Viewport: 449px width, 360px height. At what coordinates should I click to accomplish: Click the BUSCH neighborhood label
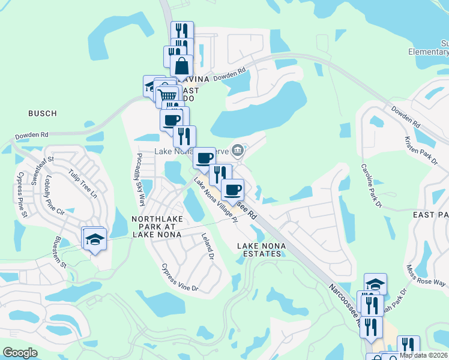pyautogui.click(x=42, y=113)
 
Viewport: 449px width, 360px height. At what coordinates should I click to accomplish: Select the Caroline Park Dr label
pyautogui.click(x=371, y=185)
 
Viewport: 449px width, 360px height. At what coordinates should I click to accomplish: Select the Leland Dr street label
pyautogui.click(x=208, y=247)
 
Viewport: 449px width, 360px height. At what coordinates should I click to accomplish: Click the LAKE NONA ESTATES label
pyautogui.click(x=259, y=250)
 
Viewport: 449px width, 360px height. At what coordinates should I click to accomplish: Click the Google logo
pyautogui.click(x=20, y=352)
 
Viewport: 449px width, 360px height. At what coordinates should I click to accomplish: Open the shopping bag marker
pyautogui.click(x=182, y=66)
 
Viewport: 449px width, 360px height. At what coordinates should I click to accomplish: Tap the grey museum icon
pyautogui.click(x=238, y=149)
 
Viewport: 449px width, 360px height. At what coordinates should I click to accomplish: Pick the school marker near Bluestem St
pyautogui.click(x=94, y=239)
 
